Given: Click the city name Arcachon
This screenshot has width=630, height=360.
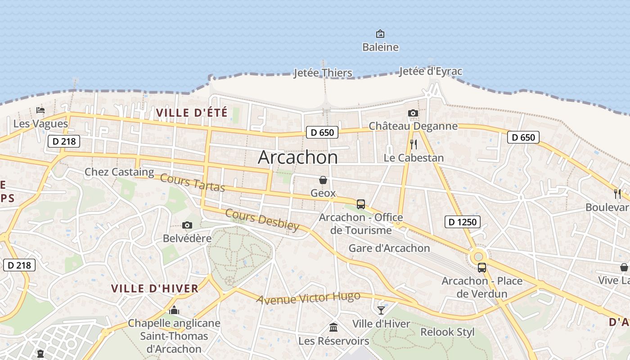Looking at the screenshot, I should pyautogui.click(x=297, y=157).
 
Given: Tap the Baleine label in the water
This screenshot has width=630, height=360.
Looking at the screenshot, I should pyautogui.click(x=380, y=47).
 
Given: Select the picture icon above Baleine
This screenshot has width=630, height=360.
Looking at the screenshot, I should pyautogui.click(x=380, y=34).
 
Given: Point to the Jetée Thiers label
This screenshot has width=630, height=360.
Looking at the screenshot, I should pyautogui.click(x=323, y=72).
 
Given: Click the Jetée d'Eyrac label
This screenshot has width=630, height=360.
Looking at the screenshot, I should pyautogui.click(x=430, y=71).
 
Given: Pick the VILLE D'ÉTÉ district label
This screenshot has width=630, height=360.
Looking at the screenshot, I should pyautogui.click(x=192, y=112).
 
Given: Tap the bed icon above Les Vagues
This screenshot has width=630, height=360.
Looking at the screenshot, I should pyautogui.click(x=40, y=110).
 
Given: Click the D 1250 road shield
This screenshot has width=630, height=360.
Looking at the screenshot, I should pyautogui.click(x=462, y=221).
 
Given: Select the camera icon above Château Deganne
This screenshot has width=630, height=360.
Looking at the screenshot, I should pyautogui.click(x=413, y=113).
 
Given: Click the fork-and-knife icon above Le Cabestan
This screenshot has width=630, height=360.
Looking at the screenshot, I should pyautogui.click(x=414, y=144).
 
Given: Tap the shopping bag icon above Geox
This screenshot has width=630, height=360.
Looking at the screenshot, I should pyautogui.click(x=323, y=180).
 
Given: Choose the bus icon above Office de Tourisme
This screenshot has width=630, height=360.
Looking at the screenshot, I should pyautogui.click(x=361, y=204).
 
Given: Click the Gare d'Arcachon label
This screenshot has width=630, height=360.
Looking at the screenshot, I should pyautogui.click(x=389, y=248).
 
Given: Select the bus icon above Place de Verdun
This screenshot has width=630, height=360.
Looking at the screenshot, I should pyautogui.click(x=482, y=268).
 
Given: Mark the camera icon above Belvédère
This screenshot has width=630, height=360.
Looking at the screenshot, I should pyautogui.click(x=187, y=225).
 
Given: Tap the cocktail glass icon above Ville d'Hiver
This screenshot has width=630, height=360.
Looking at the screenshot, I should pyautogui.click(x=381, y=310).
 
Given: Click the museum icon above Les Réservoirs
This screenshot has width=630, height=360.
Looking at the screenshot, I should pyautogui.click(x=333, y=327).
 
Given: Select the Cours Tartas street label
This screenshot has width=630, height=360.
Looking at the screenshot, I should pyautogui.click(x=193, y=182).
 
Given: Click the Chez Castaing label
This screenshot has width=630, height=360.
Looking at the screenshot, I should pyautogui.click(x=119, y=171).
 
